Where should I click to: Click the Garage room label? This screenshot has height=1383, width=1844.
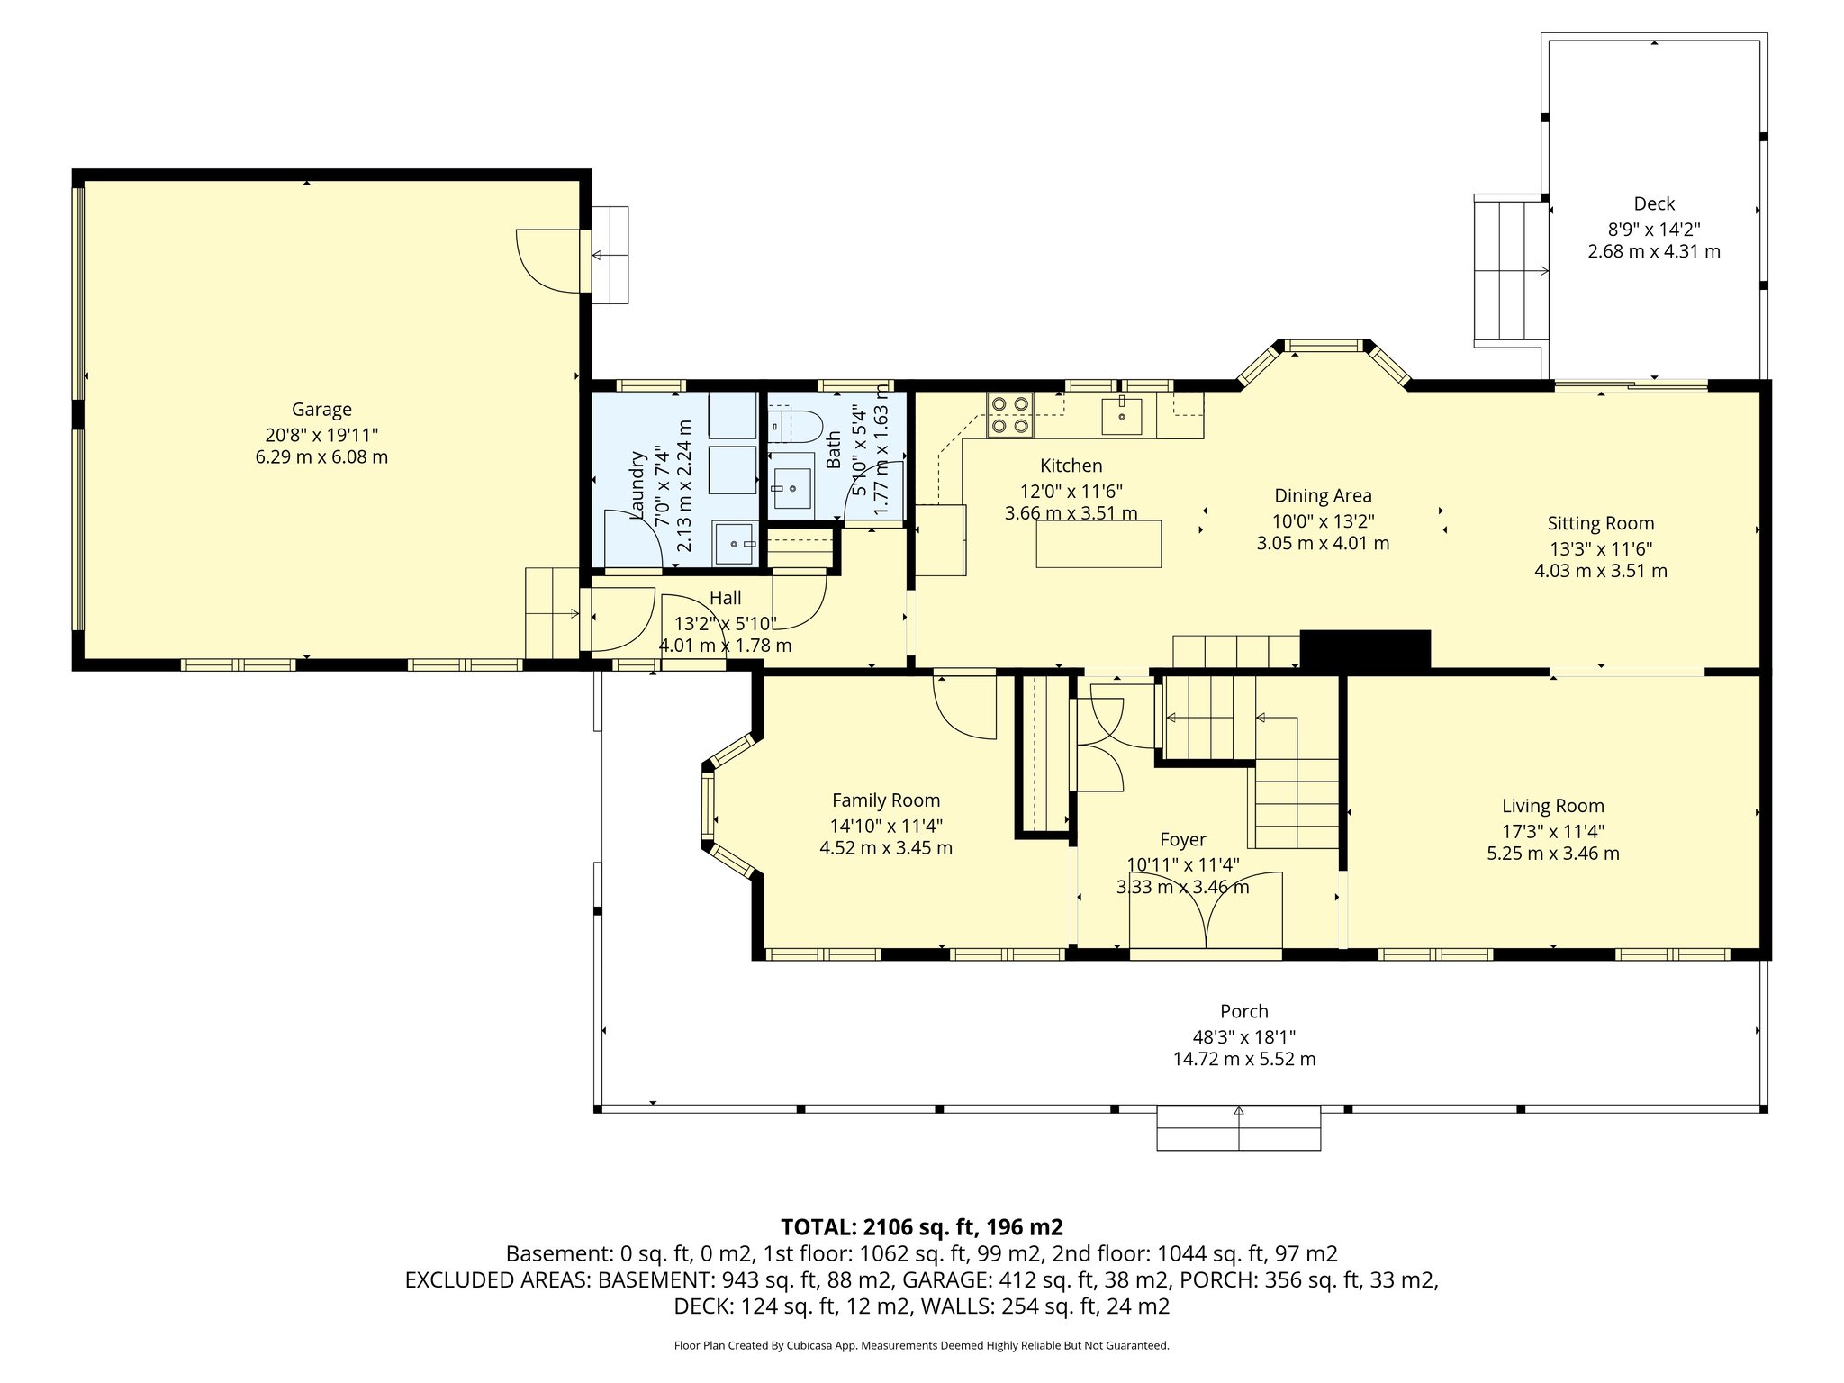(321, 410)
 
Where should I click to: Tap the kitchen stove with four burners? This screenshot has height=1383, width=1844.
(1009, 415)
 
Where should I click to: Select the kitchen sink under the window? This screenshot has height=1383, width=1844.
(1121, 415)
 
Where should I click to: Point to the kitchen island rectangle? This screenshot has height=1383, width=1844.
(1098, 544)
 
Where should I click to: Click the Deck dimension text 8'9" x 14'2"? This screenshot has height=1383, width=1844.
(1654, 229)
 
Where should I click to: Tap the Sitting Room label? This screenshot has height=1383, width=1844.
(1600, 523)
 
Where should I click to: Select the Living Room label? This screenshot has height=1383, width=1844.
(1552, 806)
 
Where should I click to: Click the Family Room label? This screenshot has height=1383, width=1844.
(885, 800)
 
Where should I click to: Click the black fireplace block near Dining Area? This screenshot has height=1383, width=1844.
(1365, 649)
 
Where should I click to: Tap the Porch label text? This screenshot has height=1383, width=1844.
(1244, 1011)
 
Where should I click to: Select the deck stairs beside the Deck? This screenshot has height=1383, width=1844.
(1510, 270)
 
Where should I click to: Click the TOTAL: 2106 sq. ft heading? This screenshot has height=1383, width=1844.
(921, 1227)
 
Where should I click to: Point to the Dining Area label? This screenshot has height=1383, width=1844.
(1323, 495)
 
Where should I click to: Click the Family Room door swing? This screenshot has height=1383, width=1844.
(966, 707)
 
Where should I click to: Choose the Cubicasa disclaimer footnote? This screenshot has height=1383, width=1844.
(921, 1345)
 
